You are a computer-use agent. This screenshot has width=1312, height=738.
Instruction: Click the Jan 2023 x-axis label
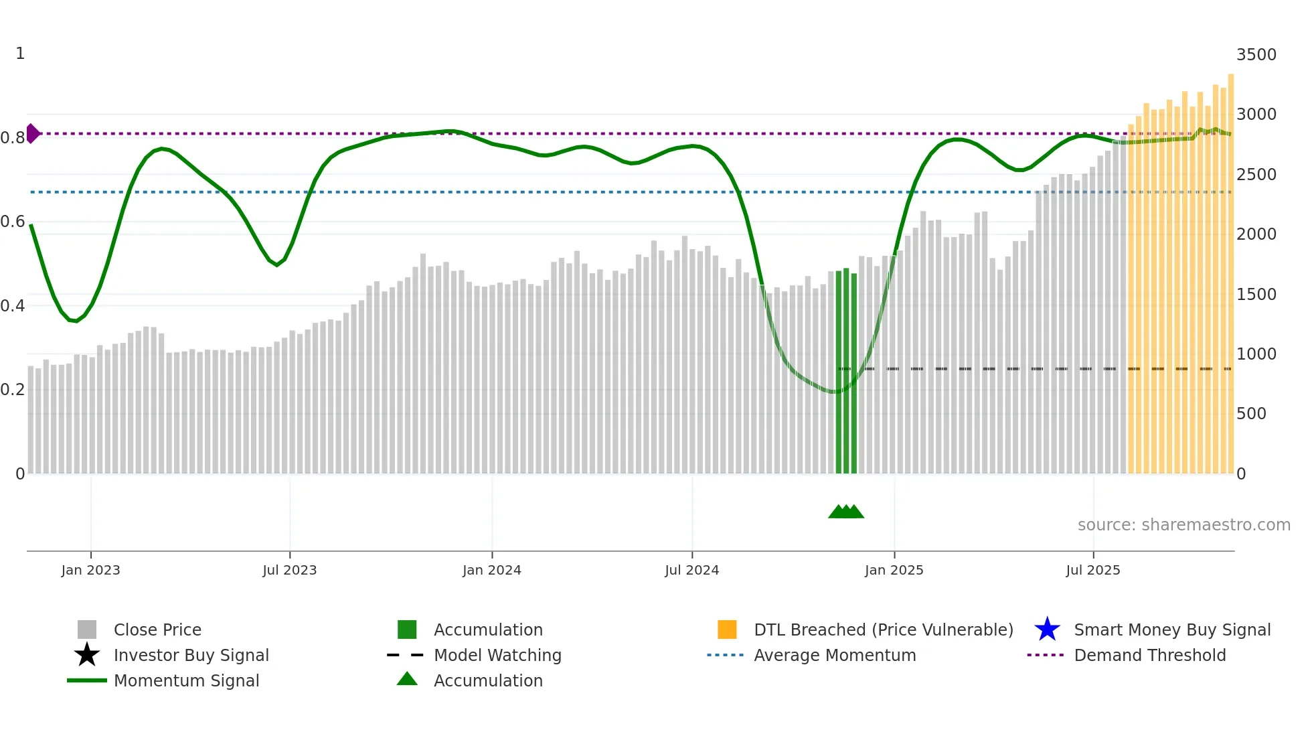tap(90, 570)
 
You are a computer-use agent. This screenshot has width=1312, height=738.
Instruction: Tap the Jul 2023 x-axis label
tap(289, 570)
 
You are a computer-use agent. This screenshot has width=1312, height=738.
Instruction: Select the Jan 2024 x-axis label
tap(491, 570)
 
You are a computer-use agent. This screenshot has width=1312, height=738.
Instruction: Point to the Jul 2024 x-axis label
tap(691, 570)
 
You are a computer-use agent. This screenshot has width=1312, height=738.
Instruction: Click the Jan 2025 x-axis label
tap(894, 570)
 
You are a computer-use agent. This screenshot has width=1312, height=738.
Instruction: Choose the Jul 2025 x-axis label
tap(1092, 570)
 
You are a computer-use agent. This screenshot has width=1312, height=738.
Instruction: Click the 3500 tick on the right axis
tap(1256, 55)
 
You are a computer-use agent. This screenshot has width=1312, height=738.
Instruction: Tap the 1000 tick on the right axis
tap(1256, 354)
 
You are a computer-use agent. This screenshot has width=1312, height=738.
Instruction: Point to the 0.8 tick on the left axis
tap(12, 138)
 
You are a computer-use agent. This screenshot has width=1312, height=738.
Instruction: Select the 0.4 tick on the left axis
tap(12, 306)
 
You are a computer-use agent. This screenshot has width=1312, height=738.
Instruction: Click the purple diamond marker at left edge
tap(32, 133)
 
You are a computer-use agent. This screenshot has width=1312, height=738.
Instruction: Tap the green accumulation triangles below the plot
tap(846, 512)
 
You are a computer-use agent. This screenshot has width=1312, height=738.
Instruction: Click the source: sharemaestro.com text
tap(1183, 525)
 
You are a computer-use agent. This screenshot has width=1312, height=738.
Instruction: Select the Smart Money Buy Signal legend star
tap(1047, 630)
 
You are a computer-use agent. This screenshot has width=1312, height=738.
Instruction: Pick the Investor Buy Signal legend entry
tap(191, 655)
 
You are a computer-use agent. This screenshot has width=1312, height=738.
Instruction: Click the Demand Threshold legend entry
tap(1149, 655)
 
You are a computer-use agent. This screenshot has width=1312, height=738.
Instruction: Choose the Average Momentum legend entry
tap(834, 655)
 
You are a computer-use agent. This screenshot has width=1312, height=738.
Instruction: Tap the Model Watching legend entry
tap(497, 655)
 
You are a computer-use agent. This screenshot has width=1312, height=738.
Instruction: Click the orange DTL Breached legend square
tap(727, 630)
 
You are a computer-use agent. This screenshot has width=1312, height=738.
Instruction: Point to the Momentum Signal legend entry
tap(186, 680)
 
